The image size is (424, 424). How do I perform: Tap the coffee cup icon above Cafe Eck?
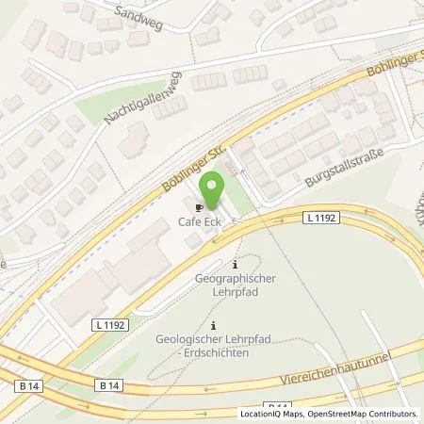point(199,207)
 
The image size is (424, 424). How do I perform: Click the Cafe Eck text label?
point(199,222)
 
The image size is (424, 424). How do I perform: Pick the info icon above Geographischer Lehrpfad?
point(236,265)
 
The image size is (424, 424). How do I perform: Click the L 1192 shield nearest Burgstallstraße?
point(321,218)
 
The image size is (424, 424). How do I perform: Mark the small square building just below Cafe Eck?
point(192,241)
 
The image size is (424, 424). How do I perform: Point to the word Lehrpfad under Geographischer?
point(235,293)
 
